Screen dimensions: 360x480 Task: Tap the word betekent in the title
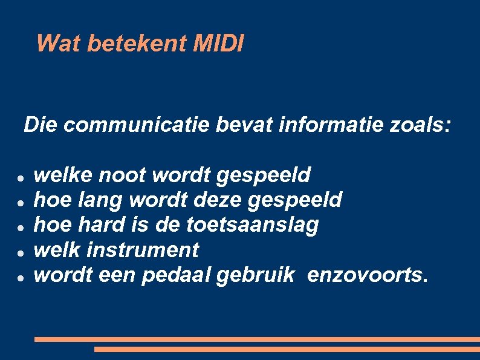[138, 44]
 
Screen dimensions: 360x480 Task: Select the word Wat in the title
[59, 44]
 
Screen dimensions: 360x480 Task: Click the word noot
[123, 175]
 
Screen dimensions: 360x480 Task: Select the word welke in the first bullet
[63, 175]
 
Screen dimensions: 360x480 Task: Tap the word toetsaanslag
[252, 225]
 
